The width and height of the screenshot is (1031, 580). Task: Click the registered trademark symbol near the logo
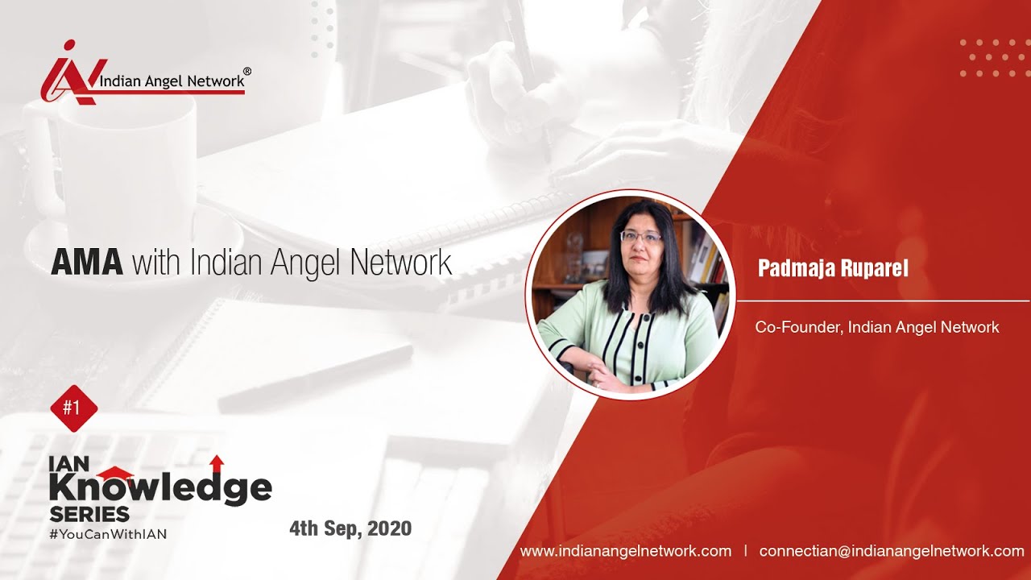(246, 72)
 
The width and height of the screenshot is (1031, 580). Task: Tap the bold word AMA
(87, 263)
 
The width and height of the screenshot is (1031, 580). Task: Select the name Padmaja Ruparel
(833, 269)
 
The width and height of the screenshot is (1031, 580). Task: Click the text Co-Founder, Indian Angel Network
(877, 327)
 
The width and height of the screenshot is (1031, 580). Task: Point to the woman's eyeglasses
(641, 237)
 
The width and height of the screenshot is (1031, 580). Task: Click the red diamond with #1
(74, 408)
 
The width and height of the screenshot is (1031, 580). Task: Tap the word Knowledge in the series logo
(160, 487)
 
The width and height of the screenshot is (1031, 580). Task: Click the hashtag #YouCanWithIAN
(108, 533)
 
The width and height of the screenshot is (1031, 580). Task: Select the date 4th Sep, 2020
(350, 528)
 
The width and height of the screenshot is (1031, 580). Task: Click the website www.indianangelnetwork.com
(626, 551)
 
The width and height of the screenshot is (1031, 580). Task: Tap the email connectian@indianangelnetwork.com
(892, 551)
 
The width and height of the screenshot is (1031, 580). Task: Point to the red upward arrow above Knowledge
(216, 463)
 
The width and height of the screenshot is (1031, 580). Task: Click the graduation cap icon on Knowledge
(116, 474)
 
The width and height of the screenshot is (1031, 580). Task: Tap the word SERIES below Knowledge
(89, 514)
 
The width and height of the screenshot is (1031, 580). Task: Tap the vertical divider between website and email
(745, 551)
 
